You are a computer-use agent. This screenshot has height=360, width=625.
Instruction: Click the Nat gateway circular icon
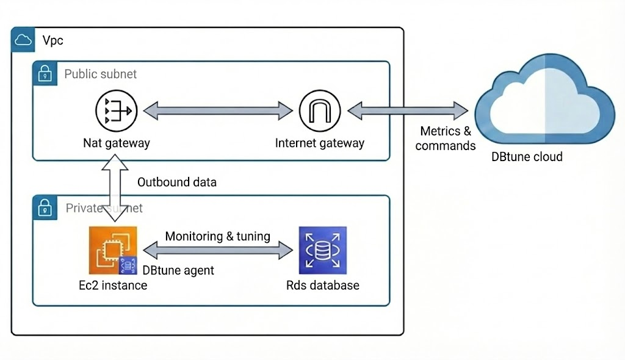[117, 110]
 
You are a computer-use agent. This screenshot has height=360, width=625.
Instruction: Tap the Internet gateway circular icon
[320, 110]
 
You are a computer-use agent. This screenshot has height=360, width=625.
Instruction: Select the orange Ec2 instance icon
[113, 250]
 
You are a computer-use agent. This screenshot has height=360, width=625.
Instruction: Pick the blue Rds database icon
[322, 250]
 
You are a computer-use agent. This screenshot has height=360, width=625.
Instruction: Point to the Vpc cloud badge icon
[23, 41]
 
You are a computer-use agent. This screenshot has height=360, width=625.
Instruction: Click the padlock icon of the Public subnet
[45, 74]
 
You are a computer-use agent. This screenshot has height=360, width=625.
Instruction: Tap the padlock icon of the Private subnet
[45, 208]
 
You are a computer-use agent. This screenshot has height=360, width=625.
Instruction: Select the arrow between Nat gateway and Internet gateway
[218, 110]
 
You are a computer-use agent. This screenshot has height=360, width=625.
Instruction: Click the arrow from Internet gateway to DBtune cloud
[408, 110]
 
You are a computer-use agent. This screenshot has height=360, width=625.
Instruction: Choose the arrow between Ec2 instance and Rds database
[218, 250]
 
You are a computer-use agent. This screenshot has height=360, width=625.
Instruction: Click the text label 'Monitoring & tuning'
[218, 236]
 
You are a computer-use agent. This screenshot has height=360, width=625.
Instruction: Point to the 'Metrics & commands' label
[446, 139]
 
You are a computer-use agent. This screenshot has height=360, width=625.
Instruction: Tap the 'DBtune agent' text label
[178, 270]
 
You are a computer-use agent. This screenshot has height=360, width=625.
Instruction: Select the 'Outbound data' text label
[176, 182]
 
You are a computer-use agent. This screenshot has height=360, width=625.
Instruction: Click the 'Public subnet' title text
[101, 74]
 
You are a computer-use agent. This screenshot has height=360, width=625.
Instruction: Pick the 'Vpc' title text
[52, 41]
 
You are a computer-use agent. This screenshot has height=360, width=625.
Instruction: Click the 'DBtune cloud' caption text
[527, 157]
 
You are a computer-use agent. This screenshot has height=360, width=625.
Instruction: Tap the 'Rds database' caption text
[322, 285]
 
